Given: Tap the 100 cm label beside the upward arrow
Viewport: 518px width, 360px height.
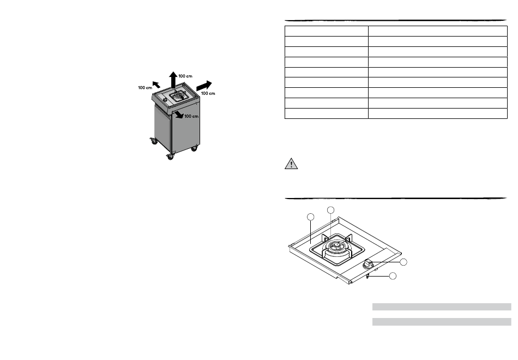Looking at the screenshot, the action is pyautogui.click(x=185, y=76).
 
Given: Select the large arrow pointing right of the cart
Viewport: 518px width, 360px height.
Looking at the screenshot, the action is pyautogui.click(x=204, y=85).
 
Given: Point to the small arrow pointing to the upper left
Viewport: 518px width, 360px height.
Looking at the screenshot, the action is pyautogui.click(x=156, y=85).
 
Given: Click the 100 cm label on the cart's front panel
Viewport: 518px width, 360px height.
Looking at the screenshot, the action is pyautogui.click(x=191, y=116).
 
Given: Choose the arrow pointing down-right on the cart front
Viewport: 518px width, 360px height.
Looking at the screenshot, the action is pyautogui.click(x=179, y=115).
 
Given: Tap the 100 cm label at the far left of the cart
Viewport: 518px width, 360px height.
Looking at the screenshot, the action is pyautogui.click(x=145, y=88).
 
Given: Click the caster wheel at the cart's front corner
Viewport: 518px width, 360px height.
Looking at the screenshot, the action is pyautogui.click(x=171, y=157).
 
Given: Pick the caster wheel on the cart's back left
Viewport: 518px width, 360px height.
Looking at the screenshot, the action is pyautogui.click(x=154, y=141).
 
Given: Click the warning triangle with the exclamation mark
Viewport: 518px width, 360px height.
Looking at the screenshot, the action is pyautogui.click(x=291, y=164).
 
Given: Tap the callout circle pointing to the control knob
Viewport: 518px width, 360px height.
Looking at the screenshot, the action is pyautogui.click(x=403, y=262).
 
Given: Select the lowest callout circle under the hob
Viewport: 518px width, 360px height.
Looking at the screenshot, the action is pyautogui.click(x=393, y=276).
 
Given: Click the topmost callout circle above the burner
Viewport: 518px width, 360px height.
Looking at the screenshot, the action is pyautogui.click(x=330, y=210).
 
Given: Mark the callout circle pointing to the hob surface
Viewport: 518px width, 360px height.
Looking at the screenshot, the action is pyautogui.click(x=311, y=217).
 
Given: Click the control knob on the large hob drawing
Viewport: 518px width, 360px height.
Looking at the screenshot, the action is pyautogui.click(x=368, y=265).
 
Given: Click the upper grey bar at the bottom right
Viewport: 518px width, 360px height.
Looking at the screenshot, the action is pyautogui.click(x=442, y=307).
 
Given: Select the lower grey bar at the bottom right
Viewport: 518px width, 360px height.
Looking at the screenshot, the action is pyautogui.click(x=442, y=322).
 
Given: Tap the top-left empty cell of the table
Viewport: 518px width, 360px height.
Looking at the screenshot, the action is pyautogui.click(x=327, y=31).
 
